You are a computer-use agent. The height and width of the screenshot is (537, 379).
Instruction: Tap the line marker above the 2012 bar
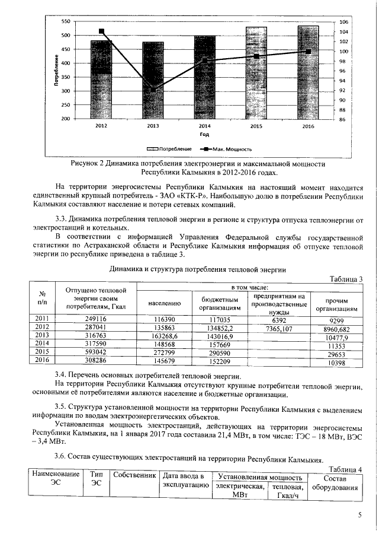point(102,31)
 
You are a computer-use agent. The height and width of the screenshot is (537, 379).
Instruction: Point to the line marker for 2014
point(204,61)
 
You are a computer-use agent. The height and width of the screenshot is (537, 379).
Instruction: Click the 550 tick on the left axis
point(66,21)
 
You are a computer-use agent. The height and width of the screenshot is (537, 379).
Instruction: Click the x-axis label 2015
point(256,126)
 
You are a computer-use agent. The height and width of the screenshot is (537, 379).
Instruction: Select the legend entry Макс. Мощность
point(227,150)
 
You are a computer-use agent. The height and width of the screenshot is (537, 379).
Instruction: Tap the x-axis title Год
point(204,135)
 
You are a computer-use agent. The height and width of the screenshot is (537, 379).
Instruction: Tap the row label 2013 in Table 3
point(42,335)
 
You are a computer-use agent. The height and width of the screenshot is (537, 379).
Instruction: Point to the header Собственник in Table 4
point(134,476)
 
